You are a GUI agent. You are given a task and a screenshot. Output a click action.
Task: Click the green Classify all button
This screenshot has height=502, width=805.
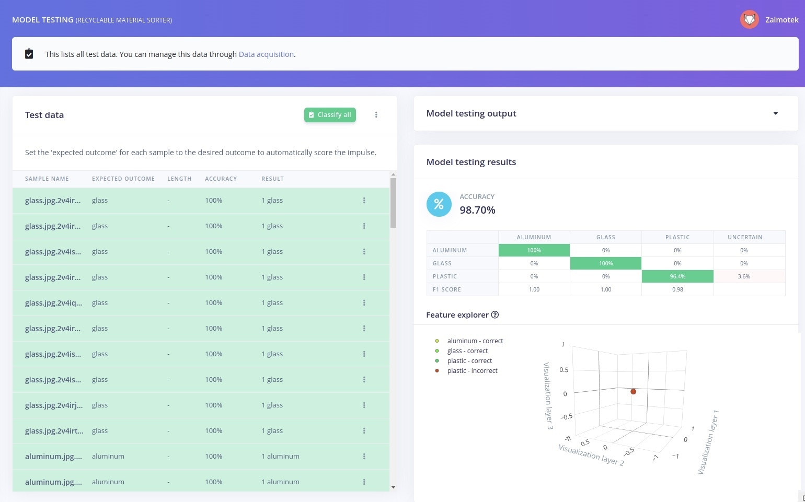coord(330,115)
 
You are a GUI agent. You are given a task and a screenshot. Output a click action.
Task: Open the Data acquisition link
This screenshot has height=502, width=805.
coord(266,54)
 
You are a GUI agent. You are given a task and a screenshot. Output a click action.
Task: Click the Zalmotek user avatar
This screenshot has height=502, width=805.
coord(749,20)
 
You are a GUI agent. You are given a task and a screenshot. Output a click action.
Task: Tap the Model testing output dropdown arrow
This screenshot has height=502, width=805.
coord(775,113)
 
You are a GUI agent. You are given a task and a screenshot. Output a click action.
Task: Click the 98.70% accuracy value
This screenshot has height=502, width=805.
coord(477,210)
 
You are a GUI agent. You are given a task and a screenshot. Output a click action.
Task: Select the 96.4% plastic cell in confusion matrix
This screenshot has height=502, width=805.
coord(677,276)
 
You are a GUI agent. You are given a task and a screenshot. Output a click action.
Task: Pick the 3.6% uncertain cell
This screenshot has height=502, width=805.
coord(743,276)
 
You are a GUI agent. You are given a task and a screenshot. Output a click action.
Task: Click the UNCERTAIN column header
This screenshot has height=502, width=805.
coord(744,237)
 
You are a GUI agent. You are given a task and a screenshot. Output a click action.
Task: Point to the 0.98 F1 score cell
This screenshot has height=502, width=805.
coord(677,289)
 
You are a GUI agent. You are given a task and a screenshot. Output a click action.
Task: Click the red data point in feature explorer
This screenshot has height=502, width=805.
coord(633,391)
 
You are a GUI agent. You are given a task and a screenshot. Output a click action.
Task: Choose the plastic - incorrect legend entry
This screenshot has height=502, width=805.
coord(472,371)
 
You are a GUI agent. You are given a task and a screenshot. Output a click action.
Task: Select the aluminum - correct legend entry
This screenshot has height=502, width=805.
coord(475,341)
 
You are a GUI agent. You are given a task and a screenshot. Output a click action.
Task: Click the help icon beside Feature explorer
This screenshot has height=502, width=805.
coord(494,315)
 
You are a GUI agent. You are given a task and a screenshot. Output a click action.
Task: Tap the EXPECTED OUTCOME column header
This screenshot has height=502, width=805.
coord(123,179)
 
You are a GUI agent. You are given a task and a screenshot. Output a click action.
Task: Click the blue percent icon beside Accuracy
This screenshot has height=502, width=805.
coord(439,204)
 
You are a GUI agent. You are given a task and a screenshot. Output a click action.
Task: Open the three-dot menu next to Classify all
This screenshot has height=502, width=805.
coord(376,115)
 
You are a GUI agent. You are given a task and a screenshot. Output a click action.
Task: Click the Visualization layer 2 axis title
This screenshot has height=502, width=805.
coord(591,454)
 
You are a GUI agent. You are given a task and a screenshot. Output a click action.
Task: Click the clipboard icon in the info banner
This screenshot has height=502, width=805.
coord(29,54)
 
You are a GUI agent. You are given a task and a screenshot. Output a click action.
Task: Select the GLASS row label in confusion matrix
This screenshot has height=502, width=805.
coord(442,263)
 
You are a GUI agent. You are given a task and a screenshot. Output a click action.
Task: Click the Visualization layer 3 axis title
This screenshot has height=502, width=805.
coord(548,395)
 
